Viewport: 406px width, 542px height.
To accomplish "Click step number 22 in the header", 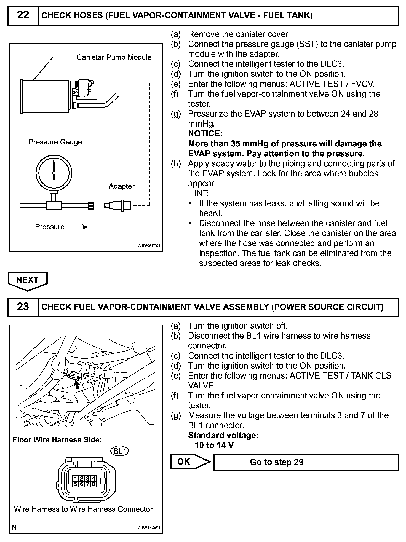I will [23, 15].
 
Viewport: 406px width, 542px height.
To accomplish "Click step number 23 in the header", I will [23, 307].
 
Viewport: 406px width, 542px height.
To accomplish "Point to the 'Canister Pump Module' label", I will [114, 57].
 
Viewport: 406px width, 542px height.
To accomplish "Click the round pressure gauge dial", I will [54, 173].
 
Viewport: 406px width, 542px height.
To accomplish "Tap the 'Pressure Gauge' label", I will [55, 142].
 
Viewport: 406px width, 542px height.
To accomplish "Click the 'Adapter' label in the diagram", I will [121, 186].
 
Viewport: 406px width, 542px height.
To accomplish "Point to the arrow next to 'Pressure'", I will [78, 227].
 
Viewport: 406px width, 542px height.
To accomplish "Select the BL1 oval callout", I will [119, 451].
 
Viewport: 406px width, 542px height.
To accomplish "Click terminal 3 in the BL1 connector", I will [87, 478].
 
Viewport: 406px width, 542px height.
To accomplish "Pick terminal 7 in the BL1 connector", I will [87, 484].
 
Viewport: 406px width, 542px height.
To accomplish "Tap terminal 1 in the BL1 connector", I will [75, 478].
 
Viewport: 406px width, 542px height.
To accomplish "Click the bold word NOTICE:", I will [205, 134].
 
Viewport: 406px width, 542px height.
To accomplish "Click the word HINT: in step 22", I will [198, 194].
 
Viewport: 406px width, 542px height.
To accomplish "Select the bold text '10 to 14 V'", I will [214, 445].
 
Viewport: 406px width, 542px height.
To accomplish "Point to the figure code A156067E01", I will [149, 246].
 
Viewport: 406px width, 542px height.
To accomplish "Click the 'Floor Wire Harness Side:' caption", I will [57, 440].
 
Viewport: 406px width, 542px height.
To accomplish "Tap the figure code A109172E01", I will [149, 528].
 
